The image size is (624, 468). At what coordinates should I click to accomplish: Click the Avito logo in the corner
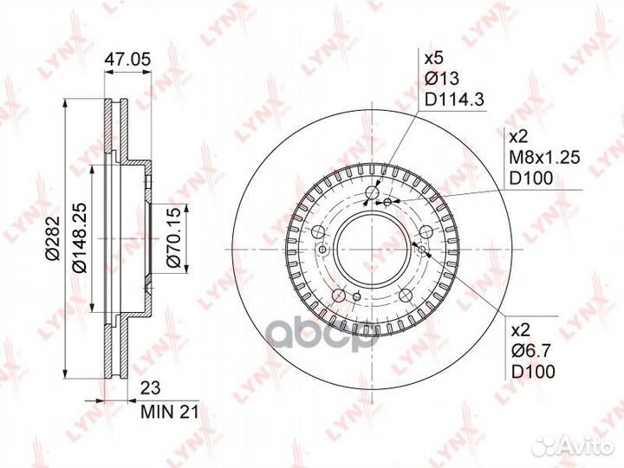pos(546,445)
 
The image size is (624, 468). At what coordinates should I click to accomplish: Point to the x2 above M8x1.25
pos(517,138)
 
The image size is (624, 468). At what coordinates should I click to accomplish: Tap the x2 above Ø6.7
pos(517,330)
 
